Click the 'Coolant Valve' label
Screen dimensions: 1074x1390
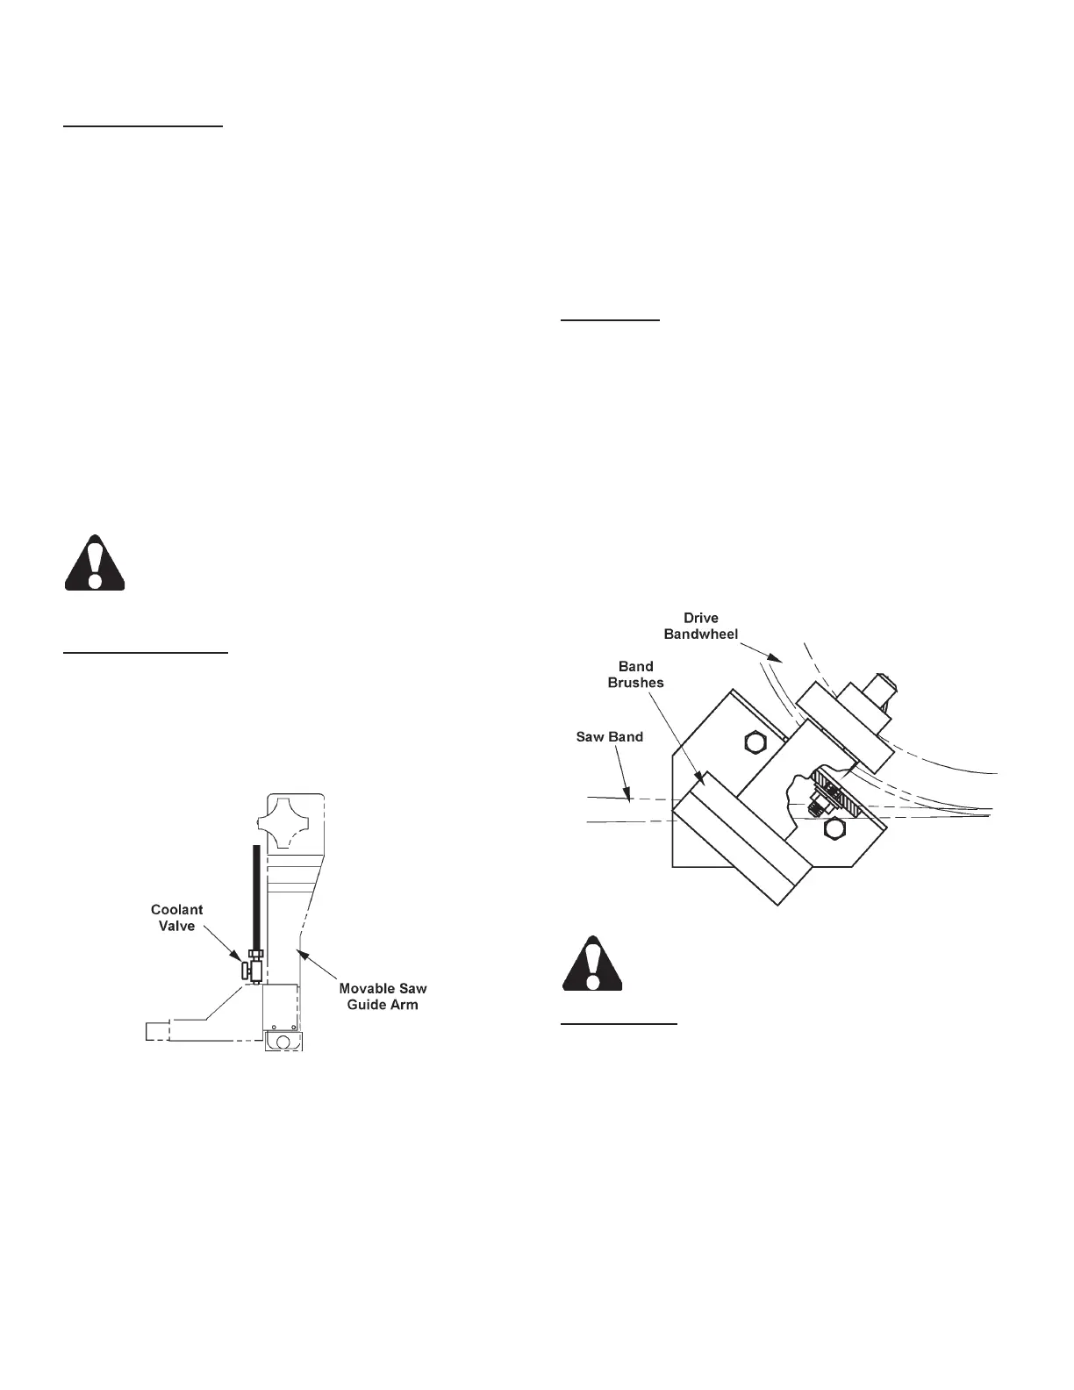tap(177, 917)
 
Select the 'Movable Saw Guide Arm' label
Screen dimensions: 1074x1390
tap(383, 996)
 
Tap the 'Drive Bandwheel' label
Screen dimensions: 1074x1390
tap(701, 626)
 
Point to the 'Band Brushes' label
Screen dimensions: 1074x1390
tap(636, 675)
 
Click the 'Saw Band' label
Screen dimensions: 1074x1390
tap(609, 736)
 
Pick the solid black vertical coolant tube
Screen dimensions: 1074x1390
tap(255, 895)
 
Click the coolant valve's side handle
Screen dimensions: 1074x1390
tap(246, 971)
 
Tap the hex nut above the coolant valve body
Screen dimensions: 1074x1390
tap(255, 953)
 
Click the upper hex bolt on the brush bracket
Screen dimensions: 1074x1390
tap(753, 743)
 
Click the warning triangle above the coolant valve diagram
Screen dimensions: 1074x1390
tap(95, 563)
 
